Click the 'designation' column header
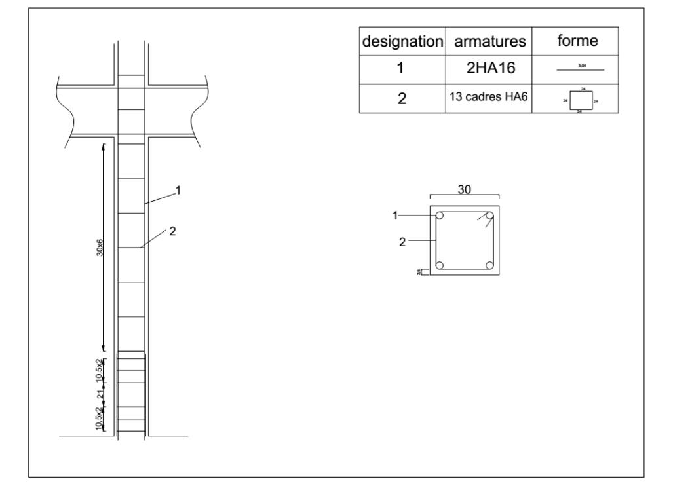coord(402,41)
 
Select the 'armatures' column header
coord(489,41)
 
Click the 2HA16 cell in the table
coord(489,69)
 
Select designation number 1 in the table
coord(402,69)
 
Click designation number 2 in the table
coord(402,99)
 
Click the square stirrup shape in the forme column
coord(582,101)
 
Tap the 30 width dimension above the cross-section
coord(465,189)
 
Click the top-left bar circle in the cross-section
coord(440,216)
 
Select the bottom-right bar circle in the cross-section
coord(489,265)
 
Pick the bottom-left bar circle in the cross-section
coord(440,265)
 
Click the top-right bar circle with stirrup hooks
coord(489,216)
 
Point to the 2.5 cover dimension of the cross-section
coord(420,272)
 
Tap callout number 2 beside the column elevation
coord(173,231)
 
